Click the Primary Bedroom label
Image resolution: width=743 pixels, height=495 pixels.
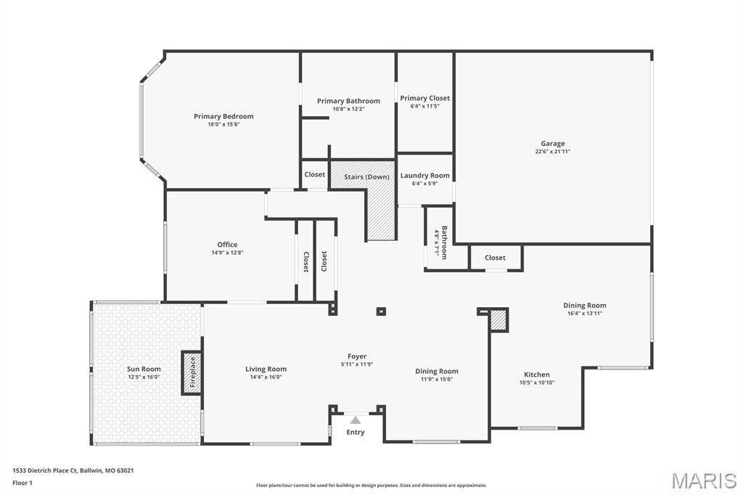[x=223, y=116]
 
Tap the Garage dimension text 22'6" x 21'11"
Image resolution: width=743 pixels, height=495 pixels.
[x=552, y=152]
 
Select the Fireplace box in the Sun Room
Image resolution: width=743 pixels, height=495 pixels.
[x=192, y=372]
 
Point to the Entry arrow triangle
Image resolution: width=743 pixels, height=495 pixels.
[x=356, y=420]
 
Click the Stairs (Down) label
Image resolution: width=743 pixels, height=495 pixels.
[x=366, y=177]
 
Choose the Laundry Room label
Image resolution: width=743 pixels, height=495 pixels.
[x=425, y=176]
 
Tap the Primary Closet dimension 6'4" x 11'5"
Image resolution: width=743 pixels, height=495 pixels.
[x=425, y=106]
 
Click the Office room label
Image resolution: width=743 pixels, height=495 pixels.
[x=227, y=245]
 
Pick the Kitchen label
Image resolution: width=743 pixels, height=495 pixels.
[x=537, y=375]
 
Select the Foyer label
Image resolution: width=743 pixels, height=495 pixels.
[x=357, y=356]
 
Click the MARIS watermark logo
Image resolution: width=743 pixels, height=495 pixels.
[x=703, y=480]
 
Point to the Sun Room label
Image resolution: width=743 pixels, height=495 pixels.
[x=144, y=369]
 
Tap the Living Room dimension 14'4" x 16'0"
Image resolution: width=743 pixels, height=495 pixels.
[x=266, y=377]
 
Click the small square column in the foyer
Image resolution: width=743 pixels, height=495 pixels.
[x=381, y=311]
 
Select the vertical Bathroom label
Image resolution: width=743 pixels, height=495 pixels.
[x=444, y=242]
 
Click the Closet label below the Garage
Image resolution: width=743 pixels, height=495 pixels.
[x=495, y=258]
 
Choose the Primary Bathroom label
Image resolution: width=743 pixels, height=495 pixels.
[x=348, y=101]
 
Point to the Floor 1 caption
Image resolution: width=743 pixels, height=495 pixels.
[x=22, y=483]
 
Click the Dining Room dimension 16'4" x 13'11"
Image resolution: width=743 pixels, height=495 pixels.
[x=585, y=314]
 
